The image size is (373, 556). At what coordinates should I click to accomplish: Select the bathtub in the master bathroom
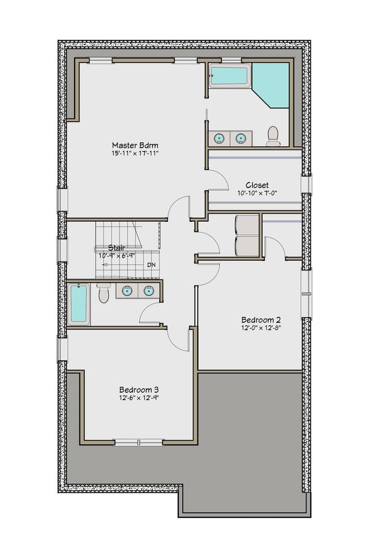tap(228, 77)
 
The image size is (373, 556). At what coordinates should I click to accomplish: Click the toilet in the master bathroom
tap(273, 135)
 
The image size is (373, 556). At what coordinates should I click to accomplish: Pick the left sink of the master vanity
tap(219, 138)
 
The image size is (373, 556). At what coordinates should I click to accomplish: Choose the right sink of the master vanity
tap(240, 138)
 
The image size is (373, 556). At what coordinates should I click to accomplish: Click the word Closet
tap(256, 185)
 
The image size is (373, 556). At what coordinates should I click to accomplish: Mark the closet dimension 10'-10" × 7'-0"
tap(256, 193)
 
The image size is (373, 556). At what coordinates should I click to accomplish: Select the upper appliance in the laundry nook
tap(246, 225)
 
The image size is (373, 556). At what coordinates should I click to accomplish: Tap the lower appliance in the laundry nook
tap(246, 245)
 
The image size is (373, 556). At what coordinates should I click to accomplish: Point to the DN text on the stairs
tap(151, 265)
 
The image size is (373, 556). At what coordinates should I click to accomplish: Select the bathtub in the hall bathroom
tap(78, 304)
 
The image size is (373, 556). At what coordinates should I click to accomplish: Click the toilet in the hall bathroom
tap(104, 293)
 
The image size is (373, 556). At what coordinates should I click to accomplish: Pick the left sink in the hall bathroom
tap(127, 290)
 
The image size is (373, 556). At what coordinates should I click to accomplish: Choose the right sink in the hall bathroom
tap(149, 290)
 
